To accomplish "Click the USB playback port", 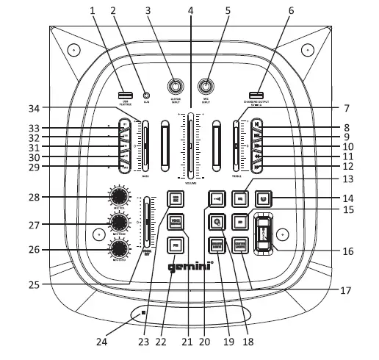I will [x=125, y=95].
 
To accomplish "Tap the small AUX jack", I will [x=146, y=96].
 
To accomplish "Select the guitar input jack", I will [x=176, y=84].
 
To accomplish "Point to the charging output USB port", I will [x=255, y=95].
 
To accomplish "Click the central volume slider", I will [x=191, y=145].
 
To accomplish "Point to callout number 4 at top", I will [x=191, y=10].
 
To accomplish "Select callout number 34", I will [x=93, y=108].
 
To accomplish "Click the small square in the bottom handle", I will [x=145, y=313].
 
